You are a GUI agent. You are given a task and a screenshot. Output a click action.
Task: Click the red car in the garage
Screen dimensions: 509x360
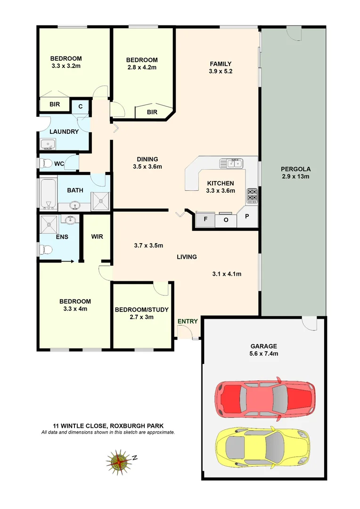click(x=265, y=399)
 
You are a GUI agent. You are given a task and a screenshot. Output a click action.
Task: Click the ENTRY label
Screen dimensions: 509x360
click(x=188, y=321)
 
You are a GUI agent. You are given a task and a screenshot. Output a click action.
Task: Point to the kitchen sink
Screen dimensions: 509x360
click(x=231, y=164)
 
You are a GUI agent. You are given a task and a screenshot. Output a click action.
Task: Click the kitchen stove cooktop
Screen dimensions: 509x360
click(x=252, y=195)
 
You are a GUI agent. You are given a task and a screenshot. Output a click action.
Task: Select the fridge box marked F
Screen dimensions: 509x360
click(x=205, y=219)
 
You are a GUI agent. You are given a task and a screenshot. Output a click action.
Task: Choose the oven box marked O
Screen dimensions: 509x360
click(x=226, y=219)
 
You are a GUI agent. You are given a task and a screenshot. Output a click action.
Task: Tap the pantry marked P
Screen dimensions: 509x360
click(x=247, y=218)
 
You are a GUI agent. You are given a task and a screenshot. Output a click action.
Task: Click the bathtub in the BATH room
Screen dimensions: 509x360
click(x=47, y=193)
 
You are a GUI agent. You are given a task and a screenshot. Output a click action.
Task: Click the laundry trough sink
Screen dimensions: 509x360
click(x=48, y=143)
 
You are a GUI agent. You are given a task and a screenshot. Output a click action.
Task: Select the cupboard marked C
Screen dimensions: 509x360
click(x=81, y=107)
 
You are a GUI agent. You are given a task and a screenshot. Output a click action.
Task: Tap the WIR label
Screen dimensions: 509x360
click(x=98, y=236)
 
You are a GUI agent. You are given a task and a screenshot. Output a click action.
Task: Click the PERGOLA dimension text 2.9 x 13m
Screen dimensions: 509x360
click(x=295, y=176)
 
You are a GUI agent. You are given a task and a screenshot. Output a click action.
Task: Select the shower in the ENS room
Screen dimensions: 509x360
click(x=48, y=222)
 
